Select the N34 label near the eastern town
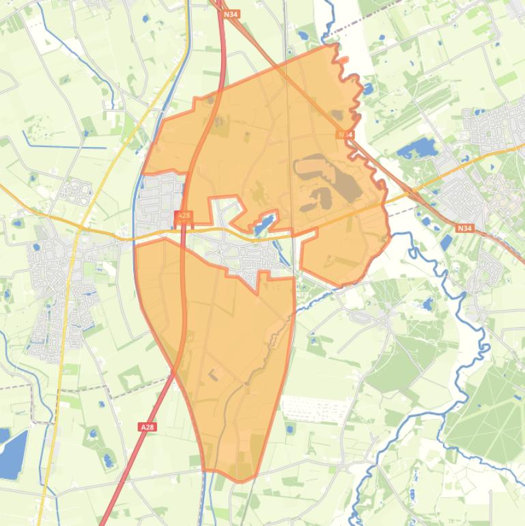(464, 227)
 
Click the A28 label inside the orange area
(184, 216)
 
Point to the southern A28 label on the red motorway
(147, 427)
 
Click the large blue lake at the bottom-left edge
(12, 453)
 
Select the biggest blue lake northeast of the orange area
(416, 148)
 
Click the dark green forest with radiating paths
(485, 410)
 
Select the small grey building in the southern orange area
(214, 374)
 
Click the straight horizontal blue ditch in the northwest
(65, 147)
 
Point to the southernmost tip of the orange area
(240, 481)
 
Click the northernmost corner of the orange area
(335, 44)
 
